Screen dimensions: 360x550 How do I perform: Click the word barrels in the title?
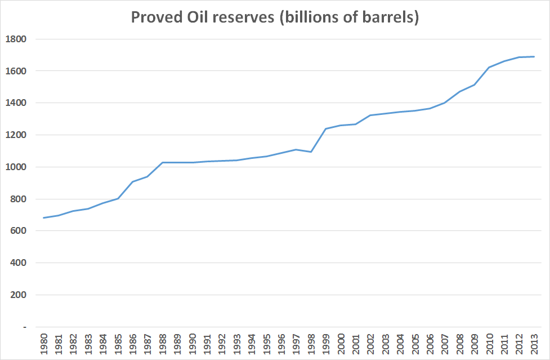point(388,17)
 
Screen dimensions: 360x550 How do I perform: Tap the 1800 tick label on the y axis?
point(16,39)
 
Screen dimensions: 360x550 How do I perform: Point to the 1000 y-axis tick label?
point(16,167)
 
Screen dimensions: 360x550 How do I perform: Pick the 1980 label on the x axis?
point(43,344)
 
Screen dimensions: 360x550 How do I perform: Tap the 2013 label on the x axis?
point(534,344)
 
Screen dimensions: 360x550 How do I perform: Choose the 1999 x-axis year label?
point(326,344)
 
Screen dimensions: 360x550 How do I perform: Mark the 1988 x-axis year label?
point(162,344)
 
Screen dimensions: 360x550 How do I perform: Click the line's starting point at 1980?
point(43,217)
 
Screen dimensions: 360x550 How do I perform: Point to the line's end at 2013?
point(534,56)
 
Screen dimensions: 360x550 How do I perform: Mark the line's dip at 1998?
point(311,152)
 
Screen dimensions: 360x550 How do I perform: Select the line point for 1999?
point(326,128)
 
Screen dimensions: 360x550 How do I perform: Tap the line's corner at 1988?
point(162,162)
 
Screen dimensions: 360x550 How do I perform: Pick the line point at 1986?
point(132,181)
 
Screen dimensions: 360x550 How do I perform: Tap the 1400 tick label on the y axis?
point(16,103)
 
